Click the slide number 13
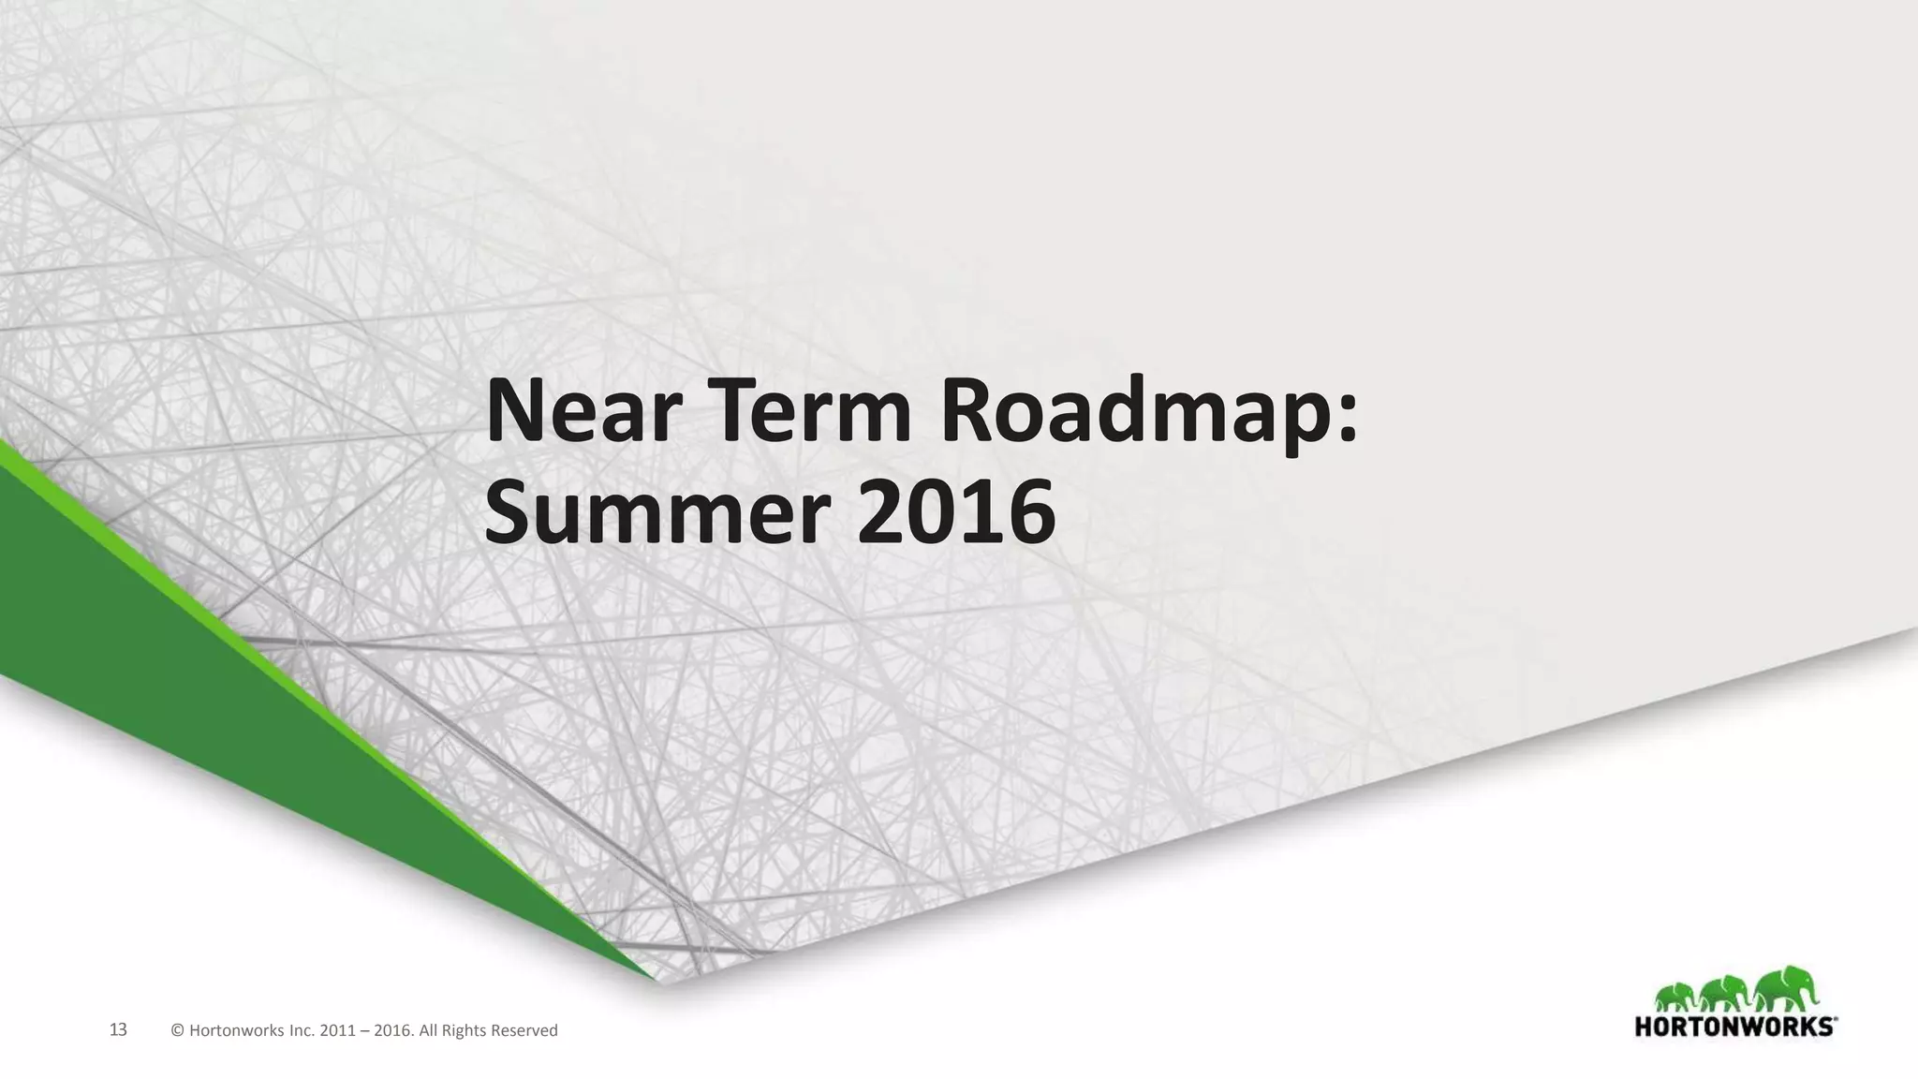(118, 1030)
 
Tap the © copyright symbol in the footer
(178, 1031)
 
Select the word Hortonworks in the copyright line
(238, 1031)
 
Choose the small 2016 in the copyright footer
(391, 1031)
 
